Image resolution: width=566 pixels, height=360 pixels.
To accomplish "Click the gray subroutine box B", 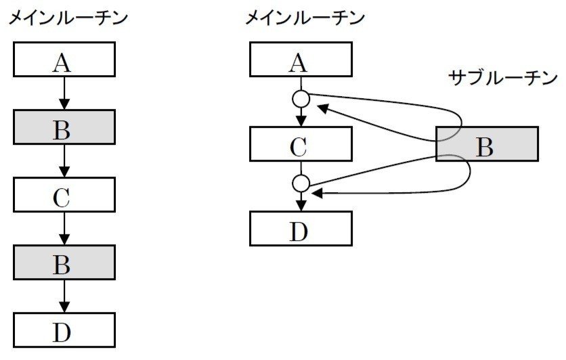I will pos(486,143).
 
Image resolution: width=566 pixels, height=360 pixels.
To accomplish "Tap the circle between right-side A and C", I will pos(301,99).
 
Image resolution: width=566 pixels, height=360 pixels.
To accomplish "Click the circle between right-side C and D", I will pos(301,183).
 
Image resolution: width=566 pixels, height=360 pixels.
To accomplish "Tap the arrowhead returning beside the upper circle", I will pos(322,107).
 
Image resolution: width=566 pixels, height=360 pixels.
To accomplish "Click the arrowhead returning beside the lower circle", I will pos(316,194).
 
